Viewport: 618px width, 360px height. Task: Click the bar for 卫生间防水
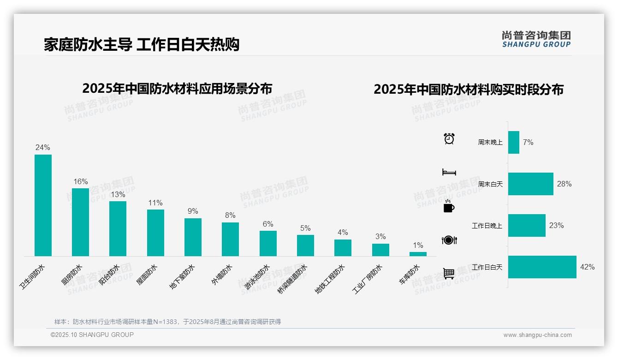tap(43, 205)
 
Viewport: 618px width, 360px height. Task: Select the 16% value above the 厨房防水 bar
tap(81, 182)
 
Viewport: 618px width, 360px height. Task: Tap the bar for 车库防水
tap(418, 254)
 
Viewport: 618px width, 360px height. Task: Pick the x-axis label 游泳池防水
tap(257, 276)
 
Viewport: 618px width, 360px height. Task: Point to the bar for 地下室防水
tap(193, 237)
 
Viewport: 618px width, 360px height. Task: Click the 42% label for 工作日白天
tap(588, 267)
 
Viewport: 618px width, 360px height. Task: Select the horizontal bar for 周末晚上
tap(514, 143)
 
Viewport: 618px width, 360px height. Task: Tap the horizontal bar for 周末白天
tap(530, 184)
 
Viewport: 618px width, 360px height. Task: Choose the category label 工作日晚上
tap(487, 226)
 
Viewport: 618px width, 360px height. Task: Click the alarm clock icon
tap(449, 138)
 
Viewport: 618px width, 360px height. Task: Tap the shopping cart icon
tap(449, 274)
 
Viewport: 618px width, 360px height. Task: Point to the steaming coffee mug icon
tap(449, 206)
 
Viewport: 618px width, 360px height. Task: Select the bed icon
tap(449, 172)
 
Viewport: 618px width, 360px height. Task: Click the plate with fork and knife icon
tap(449, 240)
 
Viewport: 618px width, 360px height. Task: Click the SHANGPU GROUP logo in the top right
tap(536, 39)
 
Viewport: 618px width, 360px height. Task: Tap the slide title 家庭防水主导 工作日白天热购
tap(142, 45)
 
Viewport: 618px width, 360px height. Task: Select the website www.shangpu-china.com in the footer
tap(537, 335)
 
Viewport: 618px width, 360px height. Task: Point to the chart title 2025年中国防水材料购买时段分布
tap(469, 90)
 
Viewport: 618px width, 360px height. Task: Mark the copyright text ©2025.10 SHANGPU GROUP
tap(92, 335)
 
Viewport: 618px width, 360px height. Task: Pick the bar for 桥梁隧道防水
tap(305, 246)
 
